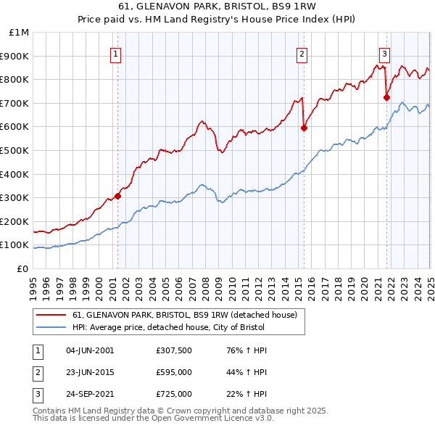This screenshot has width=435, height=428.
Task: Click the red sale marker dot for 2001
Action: click(117, 195)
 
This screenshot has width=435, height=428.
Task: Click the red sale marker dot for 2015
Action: click(304, 128)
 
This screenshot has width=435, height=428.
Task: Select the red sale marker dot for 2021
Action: click(386, 96)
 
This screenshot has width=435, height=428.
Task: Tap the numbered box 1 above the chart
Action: click(116, 52)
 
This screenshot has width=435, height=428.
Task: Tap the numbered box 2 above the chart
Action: click(302, 52)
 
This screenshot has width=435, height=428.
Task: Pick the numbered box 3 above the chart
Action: click(384, 52)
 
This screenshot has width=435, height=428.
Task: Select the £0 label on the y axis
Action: click(22, 268)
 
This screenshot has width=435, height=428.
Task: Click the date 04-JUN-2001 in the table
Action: click(90, 350)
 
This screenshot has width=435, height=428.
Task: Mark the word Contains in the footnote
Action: click(51, 411)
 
